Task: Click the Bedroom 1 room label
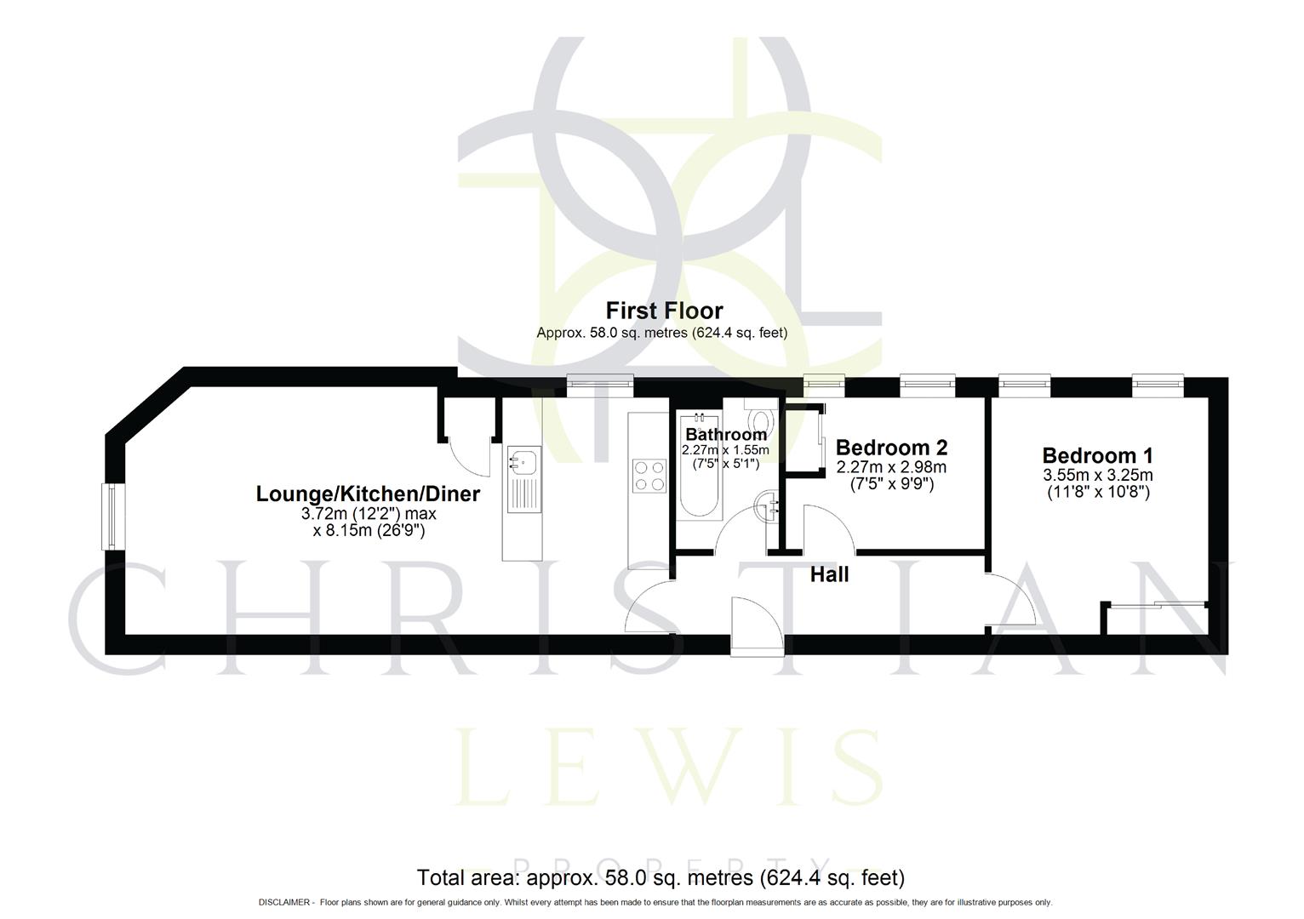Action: [x=1097, y=455]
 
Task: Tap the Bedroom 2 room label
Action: [x=891, y=448]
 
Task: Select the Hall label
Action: [x=829, y=575]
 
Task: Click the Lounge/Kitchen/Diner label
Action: [x=368, y=494]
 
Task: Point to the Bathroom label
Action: [x=725, y=435]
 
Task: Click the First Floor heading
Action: [x=664, y=311]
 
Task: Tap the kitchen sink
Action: [x=523, y=463]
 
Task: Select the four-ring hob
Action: [x=649, y=475]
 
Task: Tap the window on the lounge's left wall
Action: [x=110, y=517]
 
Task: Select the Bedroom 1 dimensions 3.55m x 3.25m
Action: [x=1097, y=476]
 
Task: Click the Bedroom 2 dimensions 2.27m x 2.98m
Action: [x=891, y=467]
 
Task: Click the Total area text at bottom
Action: [x=660, y=876]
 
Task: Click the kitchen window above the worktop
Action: [x=602, y=385]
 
